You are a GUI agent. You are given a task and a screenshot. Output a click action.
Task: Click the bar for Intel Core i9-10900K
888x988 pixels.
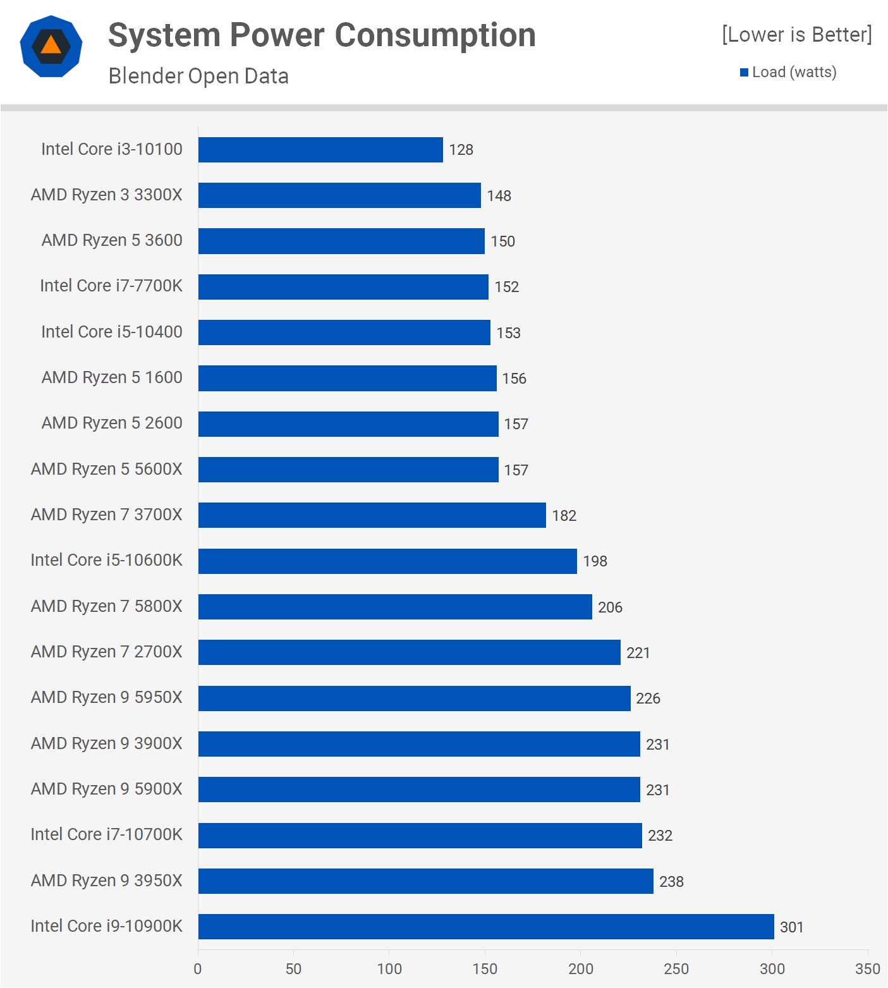(x=485, y=926)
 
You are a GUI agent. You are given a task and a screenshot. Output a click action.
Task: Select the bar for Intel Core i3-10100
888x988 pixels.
(x=320, y=150)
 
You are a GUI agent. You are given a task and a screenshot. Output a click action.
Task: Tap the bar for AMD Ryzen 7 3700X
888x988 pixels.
(x=372, y=515)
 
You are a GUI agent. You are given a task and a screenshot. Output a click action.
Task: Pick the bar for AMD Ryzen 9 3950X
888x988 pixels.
(x=425, y=881)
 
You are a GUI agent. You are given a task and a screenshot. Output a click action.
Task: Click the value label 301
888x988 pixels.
(x=791, y=927)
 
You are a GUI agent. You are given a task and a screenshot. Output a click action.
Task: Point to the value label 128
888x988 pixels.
(x=461, y=150)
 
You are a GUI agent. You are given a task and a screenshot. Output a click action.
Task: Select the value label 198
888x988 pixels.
(x=595, y=561)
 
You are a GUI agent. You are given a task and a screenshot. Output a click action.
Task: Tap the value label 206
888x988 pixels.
(x=610, y=607)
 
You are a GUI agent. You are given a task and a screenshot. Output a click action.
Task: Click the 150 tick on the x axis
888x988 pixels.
(x=485, y=968)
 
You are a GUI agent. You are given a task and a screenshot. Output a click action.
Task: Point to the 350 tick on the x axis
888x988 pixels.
(x=867, y=968)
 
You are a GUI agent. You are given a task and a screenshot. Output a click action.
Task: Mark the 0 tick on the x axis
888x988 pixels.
(x=198, y=968)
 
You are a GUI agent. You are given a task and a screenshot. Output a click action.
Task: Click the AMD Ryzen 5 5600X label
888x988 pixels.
(x=106, y=469)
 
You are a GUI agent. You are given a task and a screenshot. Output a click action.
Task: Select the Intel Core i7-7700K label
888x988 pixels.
(x=111, y=286)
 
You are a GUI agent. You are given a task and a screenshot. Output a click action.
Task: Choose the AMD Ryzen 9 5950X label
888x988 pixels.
(x=106, y=697)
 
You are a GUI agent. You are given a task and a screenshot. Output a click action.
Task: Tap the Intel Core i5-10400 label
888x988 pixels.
(x=112, y=332)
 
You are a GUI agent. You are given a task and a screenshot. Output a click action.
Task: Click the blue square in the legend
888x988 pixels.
(x=744, y=73)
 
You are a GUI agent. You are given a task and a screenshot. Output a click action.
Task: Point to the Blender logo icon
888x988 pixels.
(x=51, y=46)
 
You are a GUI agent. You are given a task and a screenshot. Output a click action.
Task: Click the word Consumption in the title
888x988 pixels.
(x=435, y=35)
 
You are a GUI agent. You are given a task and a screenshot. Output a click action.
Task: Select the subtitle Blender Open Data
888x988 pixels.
(x=198, y=76)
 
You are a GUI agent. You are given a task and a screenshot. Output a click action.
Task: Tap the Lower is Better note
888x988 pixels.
(x=796, y=35)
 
